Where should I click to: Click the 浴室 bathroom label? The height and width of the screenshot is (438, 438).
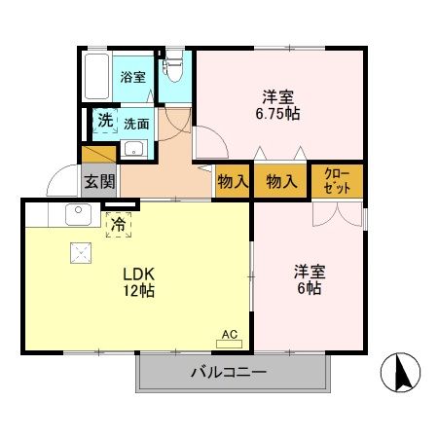(133, 77)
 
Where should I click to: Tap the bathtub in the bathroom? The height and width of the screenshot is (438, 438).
(97, 74)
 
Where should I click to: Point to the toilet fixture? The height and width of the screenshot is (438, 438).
(174, 67)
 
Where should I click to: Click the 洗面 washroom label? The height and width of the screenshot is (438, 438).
(135, 124)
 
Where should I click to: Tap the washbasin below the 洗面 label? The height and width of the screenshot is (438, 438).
(133, 149)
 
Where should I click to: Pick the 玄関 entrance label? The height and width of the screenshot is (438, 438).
(98, 180)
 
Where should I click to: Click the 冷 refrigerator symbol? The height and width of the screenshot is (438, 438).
(118, 225)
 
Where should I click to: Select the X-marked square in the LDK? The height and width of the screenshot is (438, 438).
(79, 252)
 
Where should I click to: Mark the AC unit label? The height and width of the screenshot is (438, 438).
(230, 335)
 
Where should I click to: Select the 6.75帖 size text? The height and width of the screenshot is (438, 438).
(278, 113)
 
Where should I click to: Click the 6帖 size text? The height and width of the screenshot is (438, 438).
(309, 289)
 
